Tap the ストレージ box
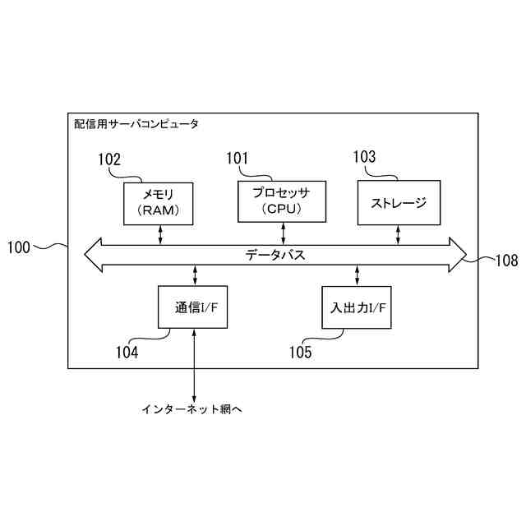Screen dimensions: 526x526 click(x=399, y=203)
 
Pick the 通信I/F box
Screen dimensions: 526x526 click(x=195, y=307)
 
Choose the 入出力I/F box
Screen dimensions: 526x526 click(x=358, y=307)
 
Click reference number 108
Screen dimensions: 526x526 click(x=506, y=261)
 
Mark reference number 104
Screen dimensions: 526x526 click(x=127, y=353)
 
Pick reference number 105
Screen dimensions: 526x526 click(x=300, y=353)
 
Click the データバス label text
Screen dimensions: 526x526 click(x=275, y=255)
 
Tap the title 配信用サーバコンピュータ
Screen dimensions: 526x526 click(x=136, y=124)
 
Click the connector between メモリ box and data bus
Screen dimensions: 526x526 click(x=161, y=234)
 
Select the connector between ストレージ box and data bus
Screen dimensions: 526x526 click(x=399, y=234)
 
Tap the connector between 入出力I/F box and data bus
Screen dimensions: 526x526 click(x=358, y=275)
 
